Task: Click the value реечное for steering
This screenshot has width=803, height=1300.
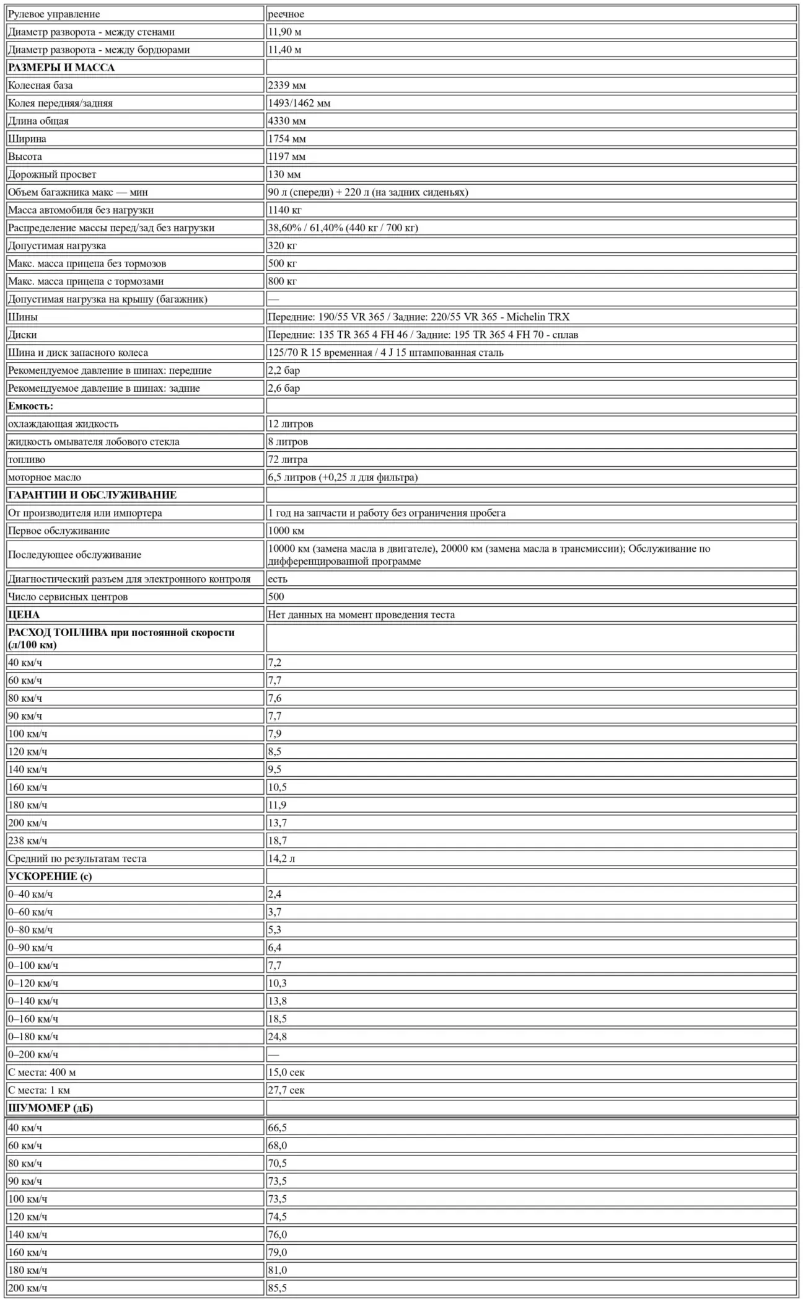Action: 286,14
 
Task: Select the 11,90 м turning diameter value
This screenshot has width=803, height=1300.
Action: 284,32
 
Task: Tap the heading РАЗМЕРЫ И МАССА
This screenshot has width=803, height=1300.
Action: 61,68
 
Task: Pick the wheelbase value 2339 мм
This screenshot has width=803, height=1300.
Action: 286,86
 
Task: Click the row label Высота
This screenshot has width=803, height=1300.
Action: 25,157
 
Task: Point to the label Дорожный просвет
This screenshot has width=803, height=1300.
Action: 52,175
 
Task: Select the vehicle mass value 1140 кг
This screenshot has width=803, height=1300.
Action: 284,210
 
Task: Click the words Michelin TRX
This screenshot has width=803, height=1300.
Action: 538,317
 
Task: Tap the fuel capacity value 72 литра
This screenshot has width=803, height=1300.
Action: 287,459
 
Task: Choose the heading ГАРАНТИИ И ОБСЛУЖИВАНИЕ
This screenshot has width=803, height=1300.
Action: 92,495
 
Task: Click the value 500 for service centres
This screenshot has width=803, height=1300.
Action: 276,596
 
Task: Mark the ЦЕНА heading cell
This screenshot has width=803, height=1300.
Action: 24,615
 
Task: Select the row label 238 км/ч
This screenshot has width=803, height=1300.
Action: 27,841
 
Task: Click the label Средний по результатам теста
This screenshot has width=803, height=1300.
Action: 77,859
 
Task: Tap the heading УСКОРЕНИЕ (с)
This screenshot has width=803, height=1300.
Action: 50,877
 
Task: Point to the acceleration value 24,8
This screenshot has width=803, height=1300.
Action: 277,1037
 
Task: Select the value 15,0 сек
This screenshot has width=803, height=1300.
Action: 286,1072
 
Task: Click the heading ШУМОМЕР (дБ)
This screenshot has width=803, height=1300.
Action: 50,1108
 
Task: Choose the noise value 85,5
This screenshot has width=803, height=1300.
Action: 277,1288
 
